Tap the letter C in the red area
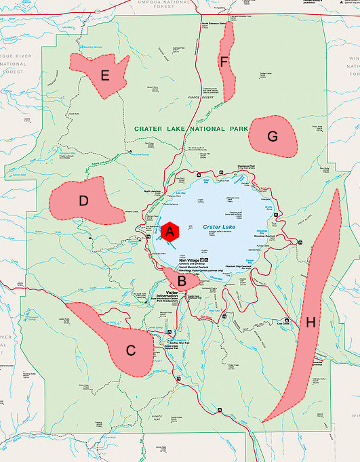pyautogui.click(x=131, y=351)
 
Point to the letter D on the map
pyautogui.click(x=83, y=201)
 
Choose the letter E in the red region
pyautogui.click(x=104, y=75)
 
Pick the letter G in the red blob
pyautogui.click(x=273, y=136)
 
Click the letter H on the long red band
pyautogui.click(x=311, y=324)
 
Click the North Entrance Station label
pyautogui.click(x=214, y=23)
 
